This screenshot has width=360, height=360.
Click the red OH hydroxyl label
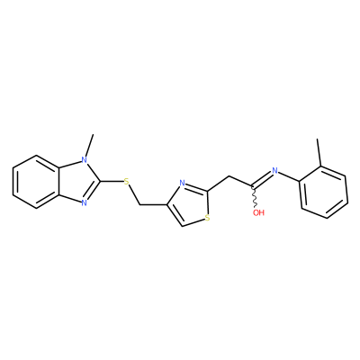click(258, 212)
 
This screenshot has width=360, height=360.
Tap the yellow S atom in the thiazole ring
click(208, 218)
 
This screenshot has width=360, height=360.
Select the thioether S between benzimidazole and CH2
click(126, 181)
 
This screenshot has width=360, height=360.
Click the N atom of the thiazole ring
click(182, 183)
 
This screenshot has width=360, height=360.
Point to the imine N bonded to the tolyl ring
click(274, 171)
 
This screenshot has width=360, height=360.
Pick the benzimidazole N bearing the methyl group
click(85, 160)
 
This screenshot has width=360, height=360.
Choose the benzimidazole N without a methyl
click(85, 203)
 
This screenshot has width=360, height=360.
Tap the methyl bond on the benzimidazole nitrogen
click(90, 145)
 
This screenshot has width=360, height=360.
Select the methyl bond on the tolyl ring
click(319, 152)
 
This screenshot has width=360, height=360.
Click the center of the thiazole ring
click(188, 203)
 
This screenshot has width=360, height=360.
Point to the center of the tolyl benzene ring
click(323, 192)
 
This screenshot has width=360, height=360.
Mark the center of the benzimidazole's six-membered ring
click(36, 182)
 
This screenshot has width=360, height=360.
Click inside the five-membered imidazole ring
click(77, 182)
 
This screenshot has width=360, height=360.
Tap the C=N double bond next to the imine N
click(262, 179)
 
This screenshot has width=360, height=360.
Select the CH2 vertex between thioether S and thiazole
click(140, 205)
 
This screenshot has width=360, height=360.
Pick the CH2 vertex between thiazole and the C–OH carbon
click(229, 176)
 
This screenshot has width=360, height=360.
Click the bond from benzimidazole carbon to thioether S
click(112, 181)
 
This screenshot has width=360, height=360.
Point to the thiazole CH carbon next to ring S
click(183, 226)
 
